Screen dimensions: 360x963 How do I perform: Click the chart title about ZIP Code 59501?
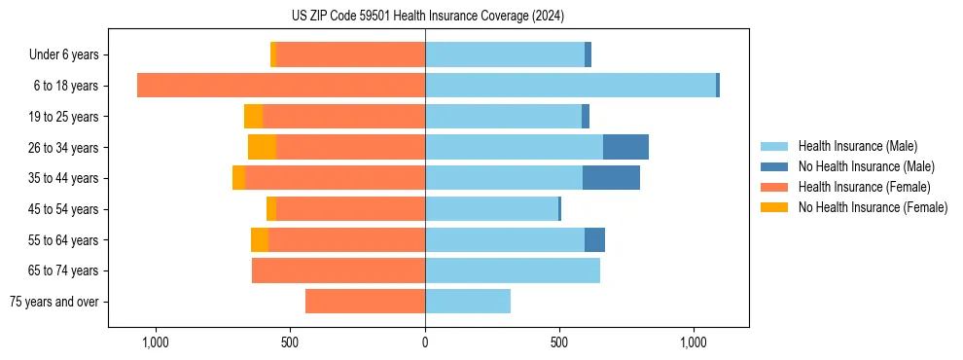pos(427,16)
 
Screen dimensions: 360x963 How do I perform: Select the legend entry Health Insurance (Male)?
pos(856,146)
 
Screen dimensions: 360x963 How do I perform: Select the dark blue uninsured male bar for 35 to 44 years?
pos(611,178)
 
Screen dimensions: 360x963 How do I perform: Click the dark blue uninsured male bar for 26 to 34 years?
pos(625,147)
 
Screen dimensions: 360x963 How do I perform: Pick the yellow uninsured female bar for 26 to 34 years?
pos(262,147)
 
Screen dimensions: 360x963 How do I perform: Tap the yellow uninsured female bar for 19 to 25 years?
pos(253,117)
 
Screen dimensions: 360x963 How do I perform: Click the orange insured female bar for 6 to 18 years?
pos(281,86)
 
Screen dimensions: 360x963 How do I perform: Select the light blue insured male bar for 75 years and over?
pos(468,302)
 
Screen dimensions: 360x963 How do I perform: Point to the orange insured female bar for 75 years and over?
pos(365,302)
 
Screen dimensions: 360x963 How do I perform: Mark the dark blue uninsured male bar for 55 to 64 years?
pos(594,239)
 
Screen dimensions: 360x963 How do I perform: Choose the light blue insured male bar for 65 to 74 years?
pos(513,270)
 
